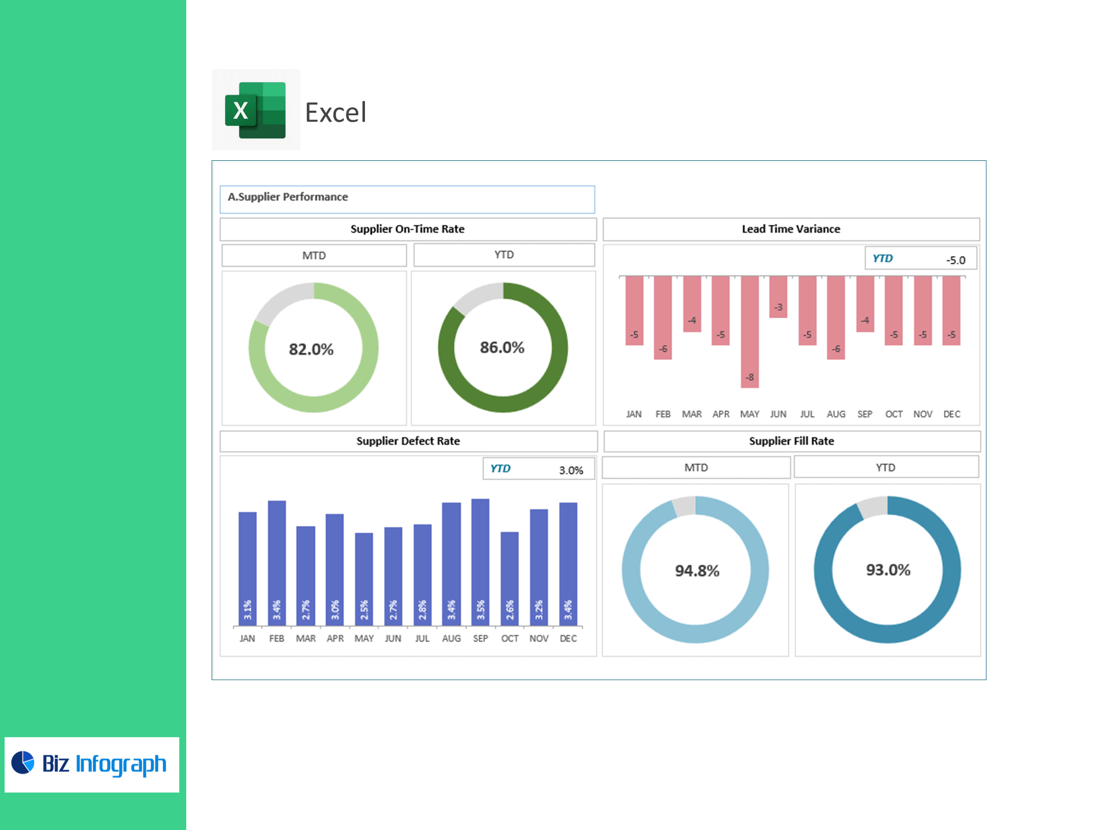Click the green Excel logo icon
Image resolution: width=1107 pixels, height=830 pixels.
[255, 110]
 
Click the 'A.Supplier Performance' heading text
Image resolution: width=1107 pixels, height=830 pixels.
[288, 197]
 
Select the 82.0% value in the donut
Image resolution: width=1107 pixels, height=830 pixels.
[311, 349]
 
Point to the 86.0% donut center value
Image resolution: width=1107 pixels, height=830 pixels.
[502, 348]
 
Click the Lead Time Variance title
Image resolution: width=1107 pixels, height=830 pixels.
[790, 229]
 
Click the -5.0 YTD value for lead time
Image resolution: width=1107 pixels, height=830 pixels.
[955, 260]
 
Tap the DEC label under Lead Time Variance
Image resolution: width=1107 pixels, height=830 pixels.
[951, 414]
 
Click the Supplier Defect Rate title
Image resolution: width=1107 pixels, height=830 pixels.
[408, 441]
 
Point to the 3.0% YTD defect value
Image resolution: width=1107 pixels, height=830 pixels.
[571, 470]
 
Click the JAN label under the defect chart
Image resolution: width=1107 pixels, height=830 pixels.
[247, 639]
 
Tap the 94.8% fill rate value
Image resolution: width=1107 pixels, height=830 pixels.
[697, 571]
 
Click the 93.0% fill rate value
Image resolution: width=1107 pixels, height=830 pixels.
[888, 570]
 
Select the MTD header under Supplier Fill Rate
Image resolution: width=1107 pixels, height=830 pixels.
[696, 467]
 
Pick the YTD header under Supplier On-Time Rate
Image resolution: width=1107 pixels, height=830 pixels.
[504, 255]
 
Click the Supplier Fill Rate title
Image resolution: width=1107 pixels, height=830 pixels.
[791, 441]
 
